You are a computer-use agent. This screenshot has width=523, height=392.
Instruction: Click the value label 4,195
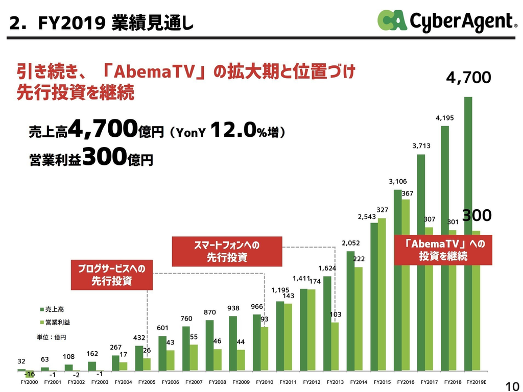444,118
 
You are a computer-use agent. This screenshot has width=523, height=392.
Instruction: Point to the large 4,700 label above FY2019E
468,78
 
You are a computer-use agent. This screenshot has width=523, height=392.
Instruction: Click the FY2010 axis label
265,381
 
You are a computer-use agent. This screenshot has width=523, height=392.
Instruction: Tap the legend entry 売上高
54,309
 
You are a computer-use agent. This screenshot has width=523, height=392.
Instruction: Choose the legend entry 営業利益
57,322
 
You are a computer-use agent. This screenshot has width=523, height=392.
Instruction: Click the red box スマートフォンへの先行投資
227,252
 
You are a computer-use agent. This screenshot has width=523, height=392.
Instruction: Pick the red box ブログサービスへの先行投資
112,275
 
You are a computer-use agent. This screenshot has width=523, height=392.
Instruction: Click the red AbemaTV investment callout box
443,250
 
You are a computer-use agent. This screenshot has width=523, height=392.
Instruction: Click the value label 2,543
367,217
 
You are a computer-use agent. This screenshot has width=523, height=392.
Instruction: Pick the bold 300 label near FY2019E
477,215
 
